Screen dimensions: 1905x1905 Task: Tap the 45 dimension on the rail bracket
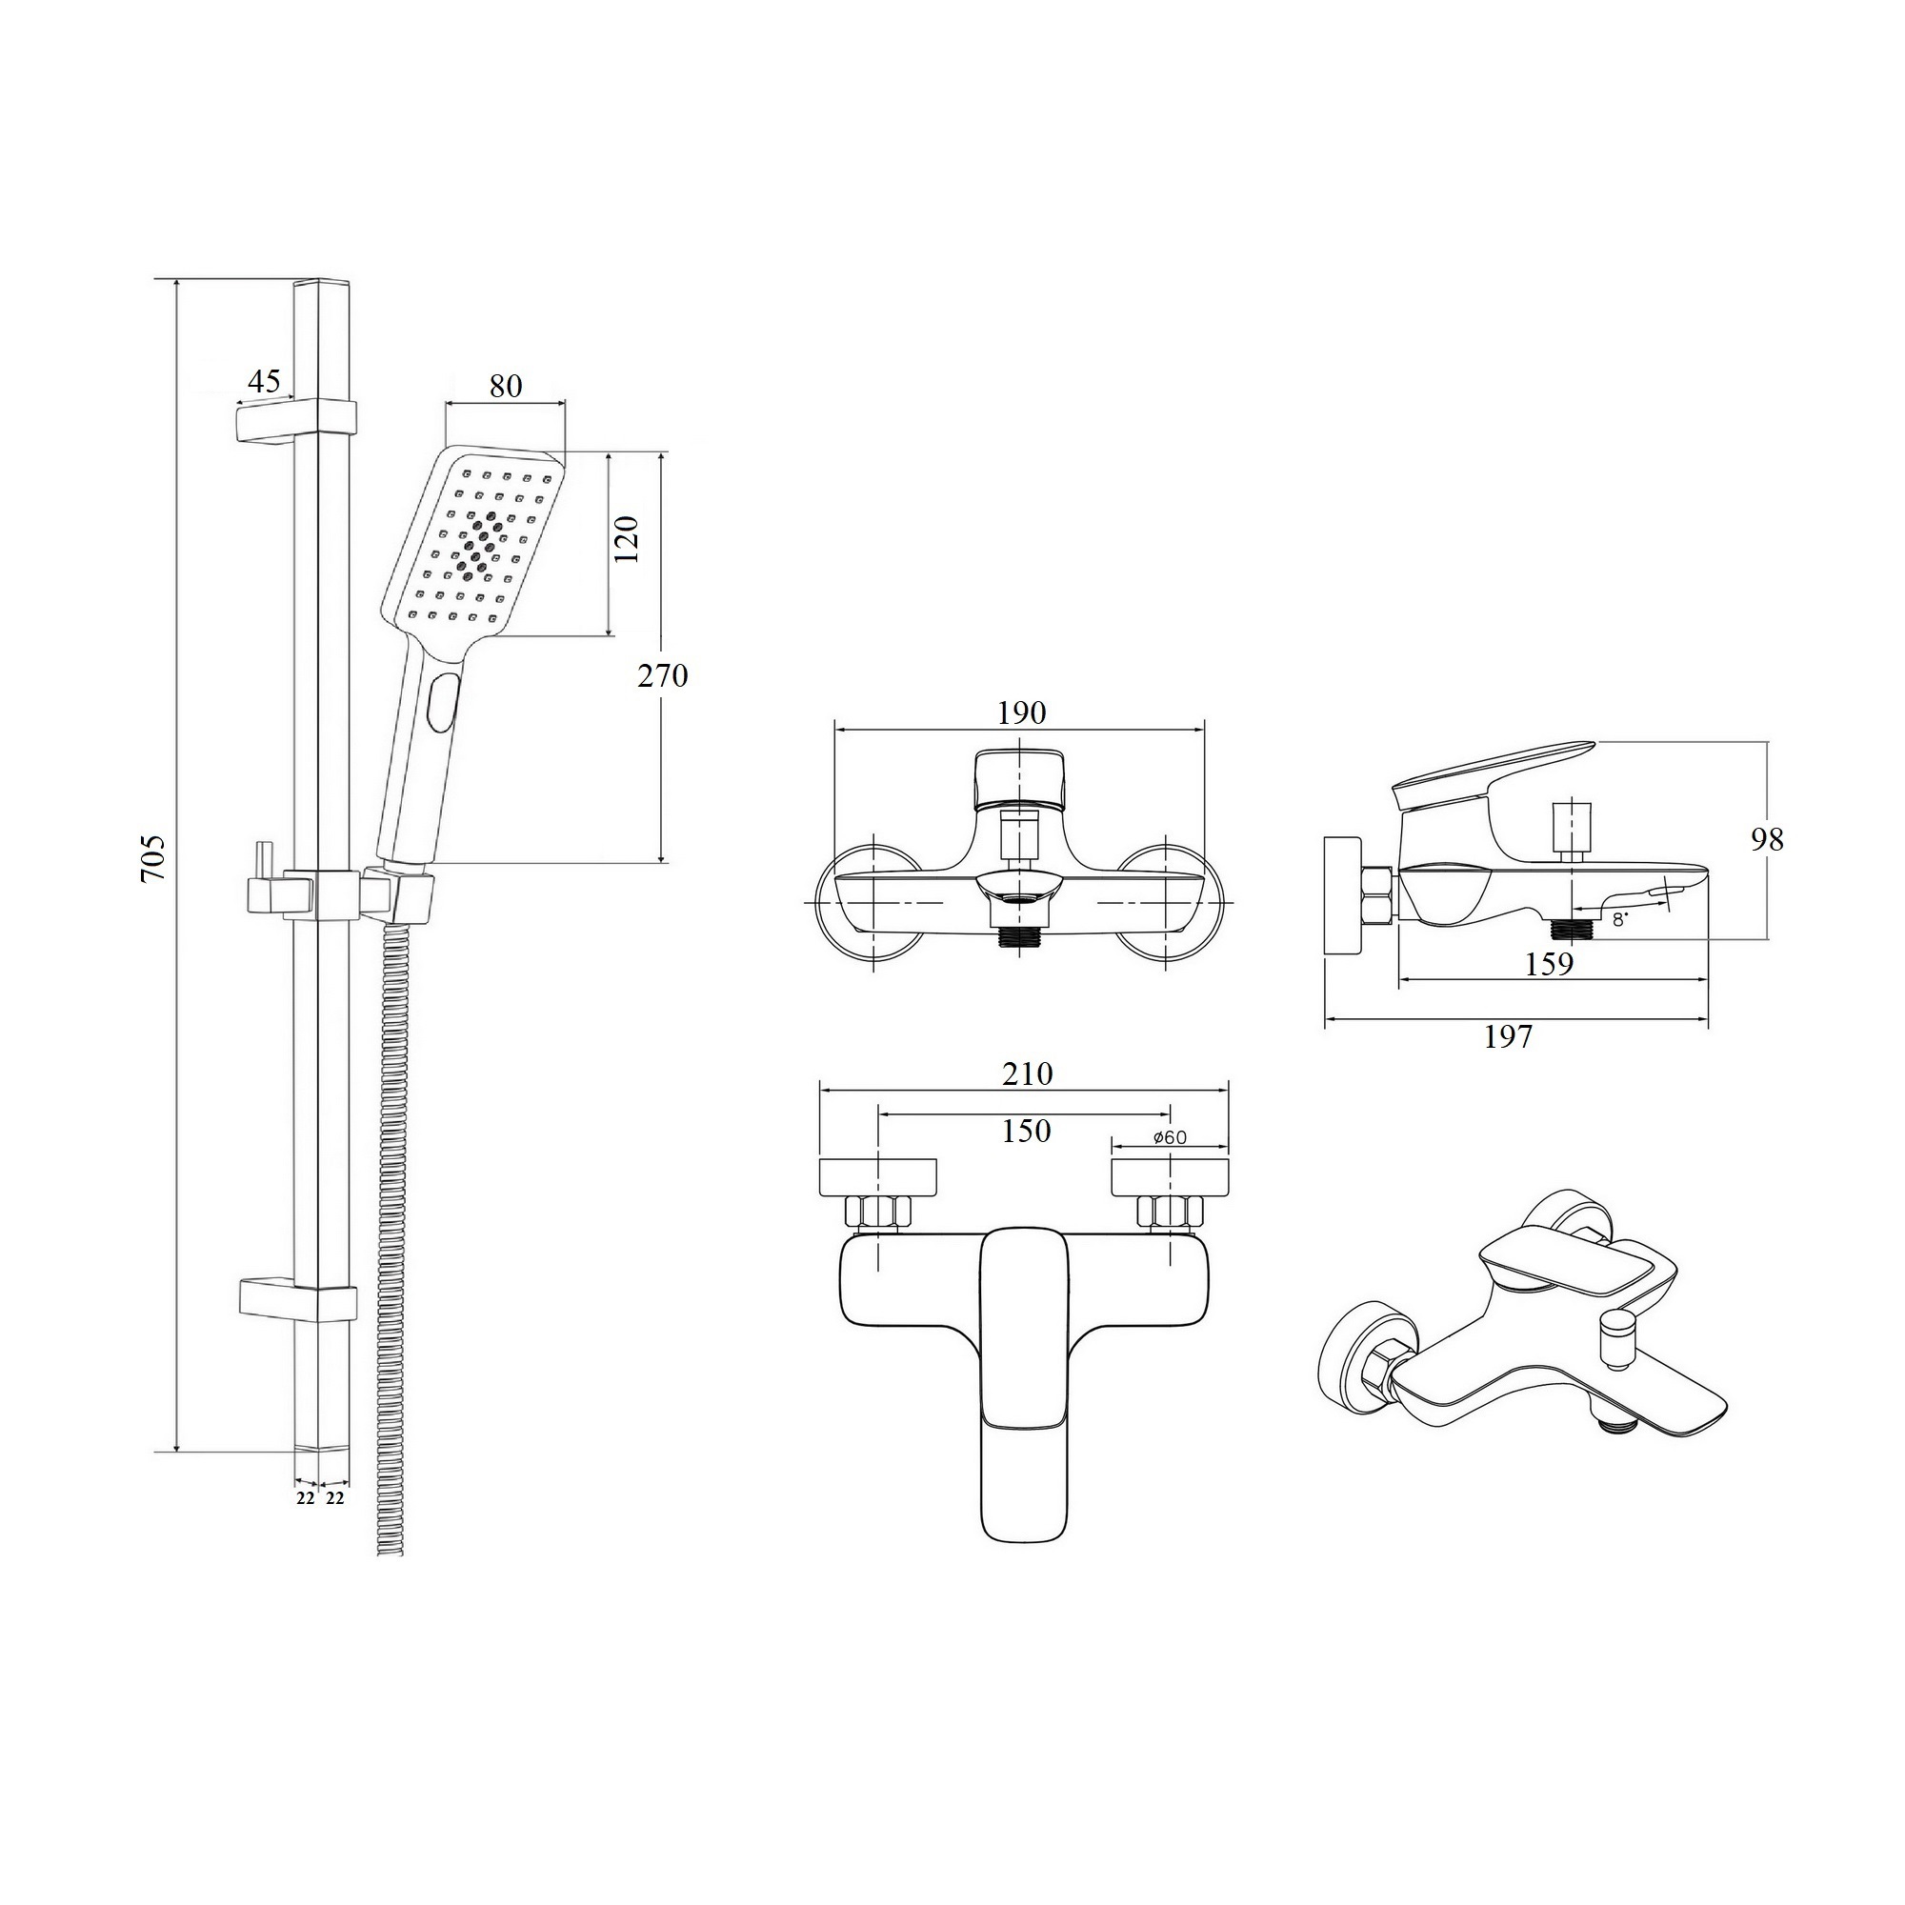(x=263, y=380)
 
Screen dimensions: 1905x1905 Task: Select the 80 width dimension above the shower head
(x=505, y=386)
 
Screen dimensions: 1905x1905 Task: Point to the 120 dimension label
(x=627, y=539)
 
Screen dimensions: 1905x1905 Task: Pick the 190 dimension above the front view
(x=1020, y=712)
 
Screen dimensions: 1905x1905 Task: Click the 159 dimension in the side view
(x=1549, y=964)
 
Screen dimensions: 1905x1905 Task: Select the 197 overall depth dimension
(x=1509, y=1036)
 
